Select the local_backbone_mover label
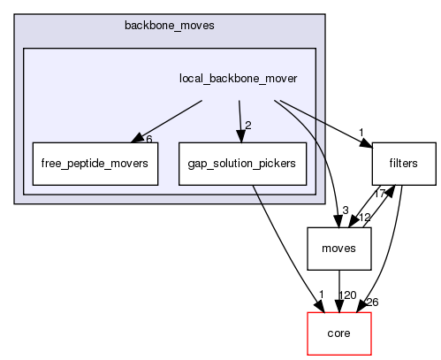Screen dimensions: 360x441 (238, 79)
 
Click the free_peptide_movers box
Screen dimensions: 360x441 (95, 163)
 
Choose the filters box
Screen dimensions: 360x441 (404, 163)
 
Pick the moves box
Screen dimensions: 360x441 (338, 249)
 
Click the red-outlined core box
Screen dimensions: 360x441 (338, 334)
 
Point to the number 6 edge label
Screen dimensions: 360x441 (149, 139)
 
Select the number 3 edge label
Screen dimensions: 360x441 (345, 209)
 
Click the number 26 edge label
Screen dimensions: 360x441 (372, 303)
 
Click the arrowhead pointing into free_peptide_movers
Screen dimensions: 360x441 (135, 138)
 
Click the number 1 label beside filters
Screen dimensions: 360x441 (361, 134)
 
